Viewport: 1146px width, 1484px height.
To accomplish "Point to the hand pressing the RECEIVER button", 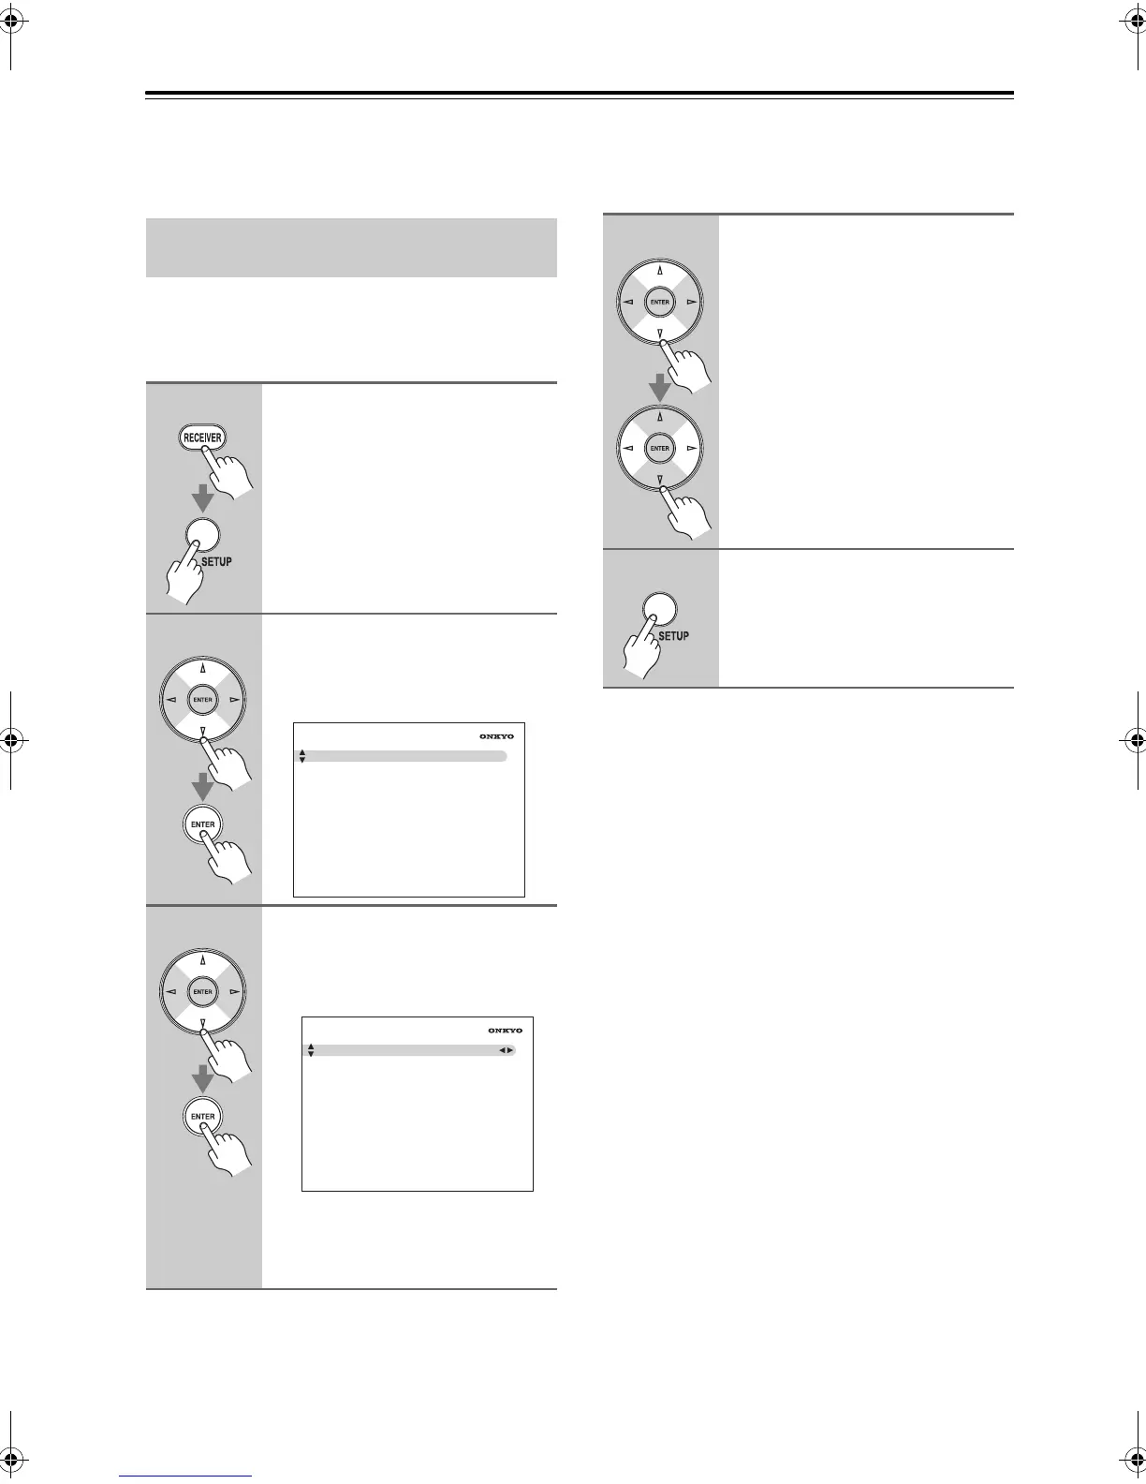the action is [x=228, y=472].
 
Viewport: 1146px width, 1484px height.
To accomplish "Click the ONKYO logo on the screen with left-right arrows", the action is [x=505, y=1031].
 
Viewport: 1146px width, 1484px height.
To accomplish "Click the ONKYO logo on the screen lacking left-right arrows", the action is [x=496, y=736].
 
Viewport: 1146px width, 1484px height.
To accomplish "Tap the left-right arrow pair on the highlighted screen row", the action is [x=506, y=1051].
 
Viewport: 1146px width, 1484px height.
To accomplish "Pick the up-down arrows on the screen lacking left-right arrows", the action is [x=302, y=756].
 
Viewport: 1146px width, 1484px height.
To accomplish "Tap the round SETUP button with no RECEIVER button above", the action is [x=660, y=608].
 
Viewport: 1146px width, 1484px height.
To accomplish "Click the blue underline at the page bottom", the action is [x=186, y=1477].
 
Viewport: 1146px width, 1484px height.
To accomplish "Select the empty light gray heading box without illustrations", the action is [x=351, y=247].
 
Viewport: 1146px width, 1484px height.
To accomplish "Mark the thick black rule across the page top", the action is [x=580, y=94].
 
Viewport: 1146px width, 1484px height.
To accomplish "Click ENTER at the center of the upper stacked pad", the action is [x=660, y=302].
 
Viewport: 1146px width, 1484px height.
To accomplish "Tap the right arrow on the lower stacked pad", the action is [x=691, y=449].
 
